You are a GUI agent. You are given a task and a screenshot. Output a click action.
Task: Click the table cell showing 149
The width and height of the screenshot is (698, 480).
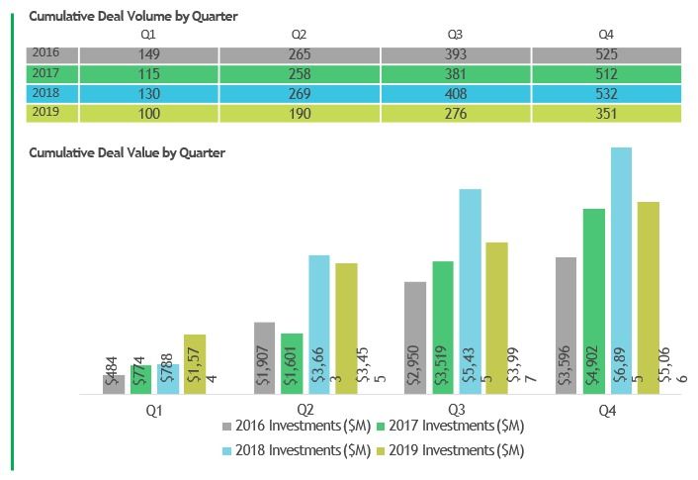click(x=147, y=54)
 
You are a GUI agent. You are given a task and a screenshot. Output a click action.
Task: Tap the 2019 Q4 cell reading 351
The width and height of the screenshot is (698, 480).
click(x=607, y=114)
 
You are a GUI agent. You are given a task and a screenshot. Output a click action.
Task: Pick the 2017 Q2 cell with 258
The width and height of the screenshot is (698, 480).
click(x=300, y=74)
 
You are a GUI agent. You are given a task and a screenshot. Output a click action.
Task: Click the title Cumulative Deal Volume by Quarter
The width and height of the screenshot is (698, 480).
click(x=133, y=17)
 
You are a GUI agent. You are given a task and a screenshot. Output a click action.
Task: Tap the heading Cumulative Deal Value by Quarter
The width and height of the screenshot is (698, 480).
click(x=128, y=153)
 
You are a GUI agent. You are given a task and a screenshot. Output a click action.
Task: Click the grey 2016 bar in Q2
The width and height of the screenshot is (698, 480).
click(x=264, y=357)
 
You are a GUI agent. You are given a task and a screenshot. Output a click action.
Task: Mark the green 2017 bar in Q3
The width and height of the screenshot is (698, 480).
click(x=443, y=327)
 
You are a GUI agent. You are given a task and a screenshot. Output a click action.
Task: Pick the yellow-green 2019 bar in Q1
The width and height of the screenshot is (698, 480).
click(x=195, y=363)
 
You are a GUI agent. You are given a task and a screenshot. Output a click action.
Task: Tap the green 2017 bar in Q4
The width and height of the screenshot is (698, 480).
click(x=593, y=301)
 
